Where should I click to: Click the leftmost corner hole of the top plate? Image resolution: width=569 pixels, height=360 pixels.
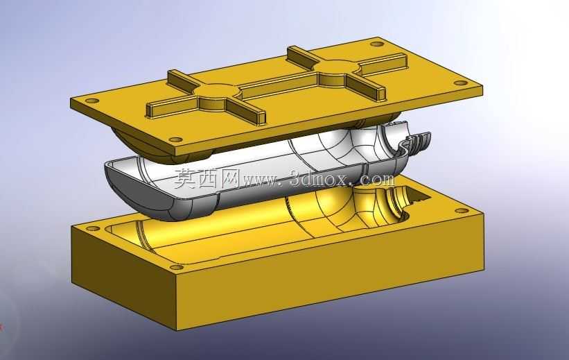[91, 101]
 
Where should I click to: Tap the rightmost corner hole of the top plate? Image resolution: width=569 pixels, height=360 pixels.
[461, 83]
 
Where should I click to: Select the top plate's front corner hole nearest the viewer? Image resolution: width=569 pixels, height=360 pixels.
[175, 139]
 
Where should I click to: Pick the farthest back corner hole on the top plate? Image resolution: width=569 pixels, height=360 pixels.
[376, 44]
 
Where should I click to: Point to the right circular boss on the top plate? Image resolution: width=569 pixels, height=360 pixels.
[340, 70]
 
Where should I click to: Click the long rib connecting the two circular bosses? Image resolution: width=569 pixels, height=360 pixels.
[279, 83]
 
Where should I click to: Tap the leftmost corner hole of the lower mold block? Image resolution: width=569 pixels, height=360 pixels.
[92, 229]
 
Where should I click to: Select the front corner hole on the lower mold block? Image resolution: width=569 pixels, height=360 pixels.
[177, 268]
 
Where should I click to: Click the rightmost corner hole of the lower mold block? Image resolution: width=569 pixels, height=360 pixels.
[461, 211]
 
